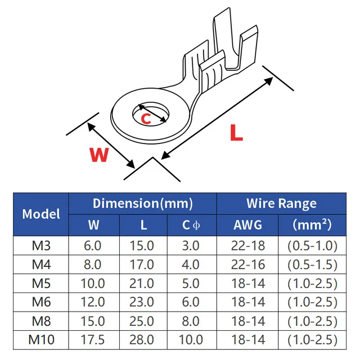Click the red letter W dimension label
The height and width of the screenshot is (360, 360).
(x=99, y=155)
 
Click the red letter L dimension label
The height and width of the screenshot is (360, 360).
(x=236, y=133)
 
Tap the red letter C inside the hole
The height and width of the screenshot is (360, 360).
(x=146, y=119)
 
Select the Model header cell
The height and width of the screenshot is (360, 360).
(x=41, y=214)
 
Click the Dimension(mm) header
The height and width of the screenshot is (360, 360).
(x=142, y=204)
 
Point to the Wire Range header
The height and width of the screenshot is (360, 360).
(x=281, y=204)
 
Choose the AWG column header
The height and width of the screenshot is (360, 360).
(x=247, y=225)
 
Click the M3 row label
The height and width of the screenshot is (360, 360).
(x=41, y=245)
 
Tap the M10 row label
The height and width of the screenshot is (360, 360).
(x=41, y=340)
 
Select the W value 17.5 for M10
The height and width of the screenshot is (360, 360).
(x=93, y=340)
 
